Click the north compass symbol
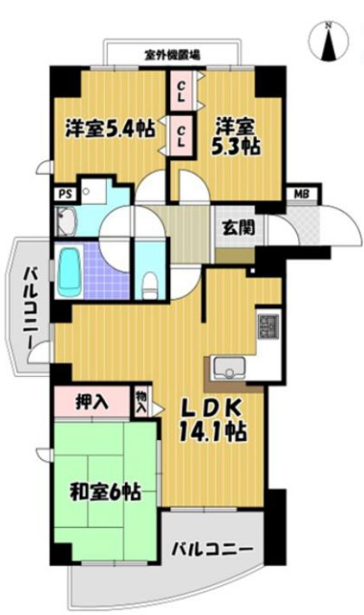pyautogui.click(x=329, y=41)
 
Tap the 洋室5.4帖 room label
pyautogui.click(x=110, y=128)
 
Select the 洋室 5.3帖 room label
pyautogui.click(x=235, y=137)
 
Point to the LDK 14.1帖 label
pyautogui.click(x=213, y=421)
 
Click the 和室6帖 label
pyautogui.click(x=106, y=491)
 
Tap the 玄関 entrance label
pyautogui.click(x=238, y=227)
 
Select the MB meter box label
pyautogui.click(x=303, y=193)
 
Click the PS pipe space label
pyautogui.click(x=65, y=194)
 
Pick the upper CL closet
pyautogui.click(x=181, y=91)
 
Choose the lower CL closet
pyautogui.click(x=181, y=135)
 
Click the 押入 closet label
pyautogui.click(x=91, y=401)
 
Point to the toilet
pyautogui.click(x=149, y=284)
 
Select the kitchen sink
pyautogui.click(x=228, y=368)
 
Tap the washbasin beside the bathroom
pyautogui.click(x=66, y=221)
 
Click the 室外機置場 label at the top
pyautogui.click(x=172, y=55)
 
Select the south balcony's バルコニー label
pyautogui.click(x=212, y=549)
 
